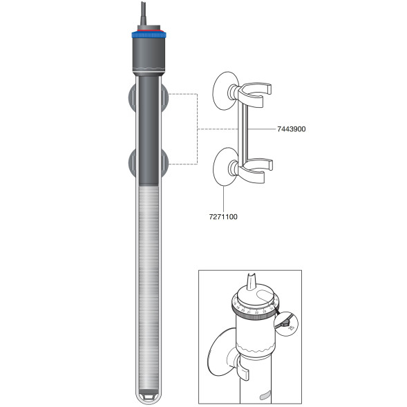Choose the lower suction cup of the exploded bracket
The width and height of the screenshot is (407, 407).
coord(222,169)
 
